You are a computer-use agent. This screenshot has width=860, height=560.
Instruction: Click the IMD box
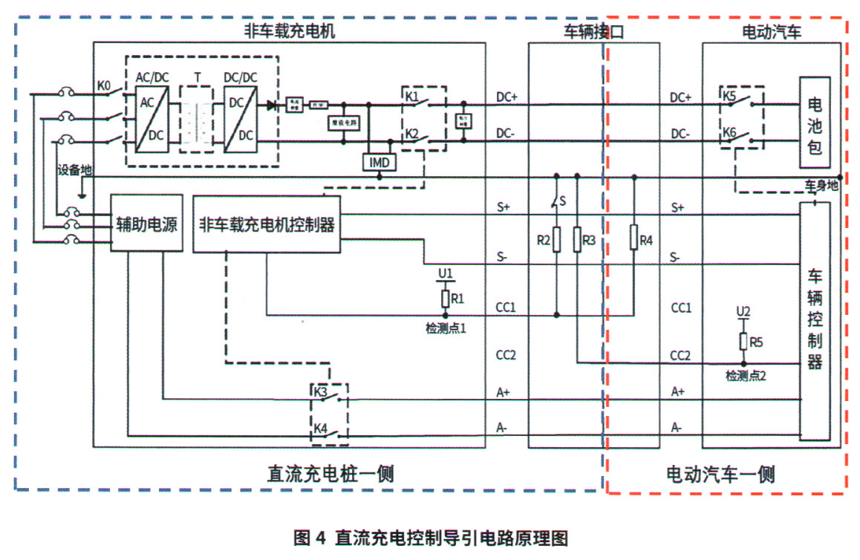pos(379,161)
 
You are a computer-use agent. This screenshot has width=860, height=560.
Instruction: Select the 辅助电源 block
pos(146,224)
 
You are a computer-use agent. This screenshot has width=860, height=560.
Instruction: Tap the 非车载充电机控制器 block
pos(267,224)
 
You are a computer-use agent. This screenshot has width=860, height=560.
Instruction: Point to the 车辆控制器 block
pos(814,320)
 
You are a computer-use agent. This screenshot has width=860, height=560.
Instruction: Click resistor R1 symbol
pos(446,299)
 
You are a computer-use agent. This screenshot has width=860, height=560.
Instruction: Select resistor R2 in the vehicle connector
pos(557,240)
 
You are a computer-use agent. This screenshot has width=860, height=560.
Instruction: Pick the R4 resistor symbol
pos(634,238)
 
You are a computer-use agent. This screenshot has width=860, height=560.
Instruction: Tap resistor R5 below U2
pos(743,341)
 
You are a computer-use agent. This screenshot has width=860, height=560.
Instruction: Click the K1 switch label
pos(412,97)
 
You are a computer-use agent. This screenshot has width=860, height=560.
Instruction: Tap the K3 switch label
pos(321,391)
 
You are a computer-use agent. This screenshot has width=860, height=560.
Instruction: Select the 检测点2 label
pos(746,376)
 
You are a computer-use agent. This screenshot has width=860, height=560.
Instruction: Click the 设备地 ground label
pos(74,170)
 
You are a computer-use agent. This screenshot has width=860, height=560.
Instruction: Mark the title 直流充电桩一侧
pos(330,473)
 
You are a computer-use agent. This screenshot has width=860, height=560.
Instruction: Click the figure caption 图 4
pos(310,538)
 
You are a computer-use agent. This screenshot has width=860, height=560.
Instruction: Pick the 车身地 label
pos(821,185)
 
